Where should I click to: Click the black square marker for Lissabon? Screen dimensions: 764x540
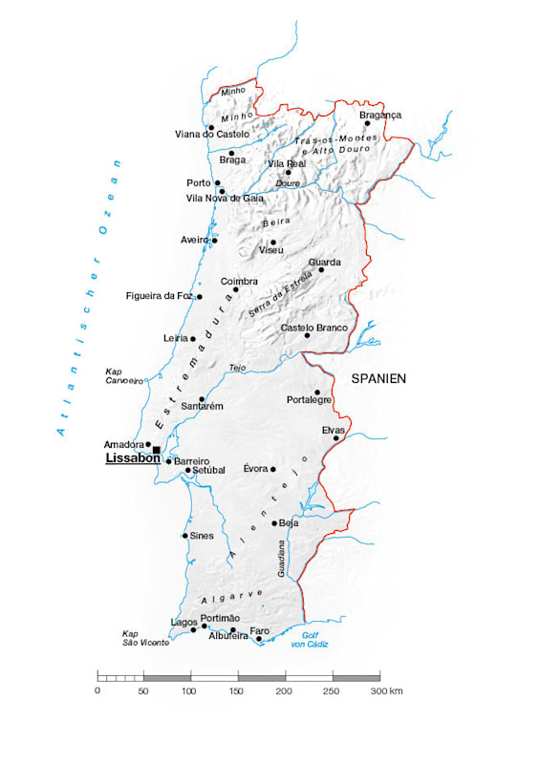157,450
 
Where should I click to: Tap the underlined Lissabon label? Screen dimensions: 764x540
132,458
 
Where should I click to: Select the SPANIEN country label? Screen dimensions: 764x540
378,378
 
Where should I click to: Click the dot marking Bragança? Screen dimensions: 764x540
367,123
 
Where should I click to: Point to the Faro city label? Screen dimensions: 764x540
259,630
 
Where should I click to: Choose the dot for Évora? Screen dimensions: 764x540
273,469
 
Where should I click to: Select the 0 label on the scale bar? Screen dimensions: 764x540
97,690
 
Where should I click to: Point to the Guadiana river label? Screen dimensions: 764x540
281,558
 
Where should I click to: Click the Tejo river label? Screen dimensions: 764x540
237,368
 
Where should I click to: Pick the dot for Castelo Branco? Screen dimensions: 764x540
308,335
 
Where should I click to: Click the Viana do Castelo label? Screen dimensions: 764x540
212,135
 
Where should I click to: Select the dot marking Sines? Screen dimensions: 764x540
185,536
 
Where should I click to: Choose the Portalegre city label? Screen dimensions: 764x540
309,400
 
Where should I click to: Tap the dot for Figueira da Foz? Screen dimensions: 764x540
200,297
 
